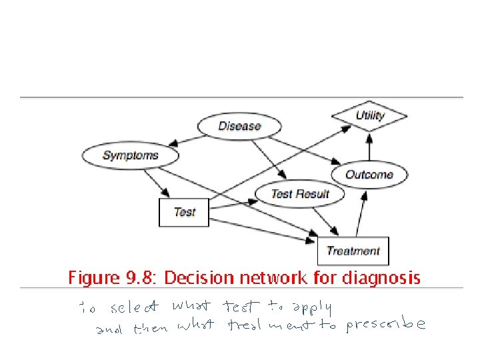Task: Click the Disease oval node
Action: tap(239, 126)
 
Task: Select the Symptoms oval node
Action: tap(131, 155)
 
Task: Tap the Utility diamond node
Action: tap(369, 116)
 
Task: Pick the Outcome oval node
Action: tap(369, 175)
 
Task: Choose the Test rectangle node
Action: tap(184, 212)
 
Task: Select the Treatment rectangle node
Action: tap(353, 251)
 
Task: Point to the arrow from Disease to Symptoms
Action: tap(186, 139)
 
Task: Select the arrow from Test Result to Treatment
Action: tap(323, 220)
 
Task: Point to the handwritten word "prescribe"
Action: tap(385, 325)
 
